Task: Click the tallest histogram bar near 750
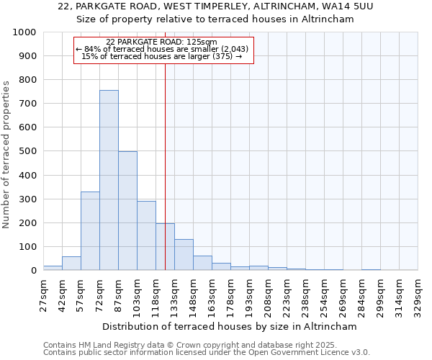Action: [x=109, y=180]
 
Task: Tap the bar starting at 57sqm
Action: [x=90, y=231]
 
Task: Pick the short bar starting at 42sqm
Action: [x=71, y=264]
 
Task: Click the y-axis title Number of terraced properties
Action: [x=7, y=154]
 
